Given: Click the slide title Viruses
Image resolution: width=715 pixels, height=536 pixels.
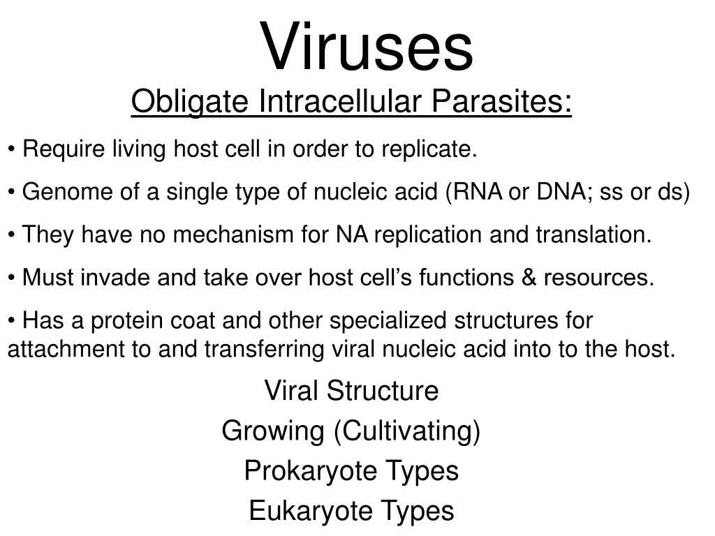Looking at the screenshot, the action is [367, 47].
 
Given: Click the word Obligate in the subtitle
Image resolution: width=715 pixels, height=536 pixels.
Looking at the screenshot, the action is [190, 102].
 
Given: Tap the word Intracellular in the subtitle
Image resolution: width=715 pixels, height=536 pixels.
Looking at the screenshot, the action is [340, 100].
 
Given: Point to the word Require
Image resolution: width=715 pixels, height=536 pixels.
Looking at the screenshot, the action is [64, 149].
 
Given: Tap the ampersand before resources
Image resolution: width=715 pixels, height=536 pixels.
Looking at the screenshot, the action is [529, 278].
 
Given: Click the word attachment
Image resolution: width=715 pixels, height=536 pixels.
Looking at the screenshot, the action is [66, 350].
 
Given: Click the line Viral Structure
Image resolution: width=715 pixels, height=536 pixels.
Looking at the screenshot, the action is [352, 391].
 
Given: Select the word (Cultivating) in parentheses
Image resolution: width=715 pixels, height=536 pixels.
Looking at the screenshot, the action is [407, 431].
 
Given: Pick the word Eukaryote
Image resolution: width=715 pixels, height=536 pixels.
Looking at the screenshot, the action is [311, 511].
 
